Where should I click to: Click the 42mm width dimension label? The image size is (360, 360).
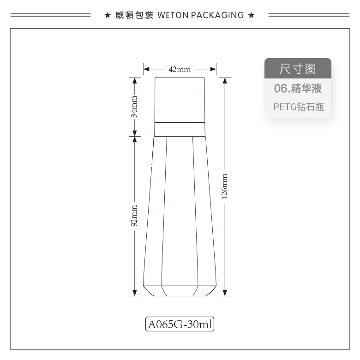click(180, 69)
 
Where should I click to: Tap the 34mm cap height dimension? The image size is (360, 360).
click(134, 107)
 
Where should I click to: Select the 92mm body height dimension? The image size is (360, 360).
click(134, 216)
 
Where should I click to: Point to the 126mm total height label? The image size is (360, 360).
click(224, 186)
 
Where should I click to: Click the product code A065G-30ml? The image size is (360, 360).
click(180, 324)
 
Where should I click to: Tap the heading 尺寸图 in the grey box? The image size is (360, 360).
click(298, 69)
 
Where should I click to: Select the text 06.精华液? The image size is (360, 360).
click(298, 89)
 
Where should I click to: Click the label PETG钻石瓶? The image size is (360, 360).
click(299, 107)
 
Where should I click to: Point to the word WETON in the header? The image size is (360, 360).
click(173, 15)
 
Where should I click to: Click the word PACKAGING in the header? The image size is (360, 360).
click(217, 15)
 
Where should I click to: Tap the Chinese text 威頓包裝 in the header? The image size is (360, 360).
click(134, 15)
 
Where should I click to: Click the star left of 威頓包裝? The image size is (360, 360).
click(108, 15)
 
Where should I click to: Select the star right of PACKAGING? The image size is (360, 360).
click(252, 15)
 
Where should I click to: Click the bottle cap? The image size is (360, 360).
click(180, 100)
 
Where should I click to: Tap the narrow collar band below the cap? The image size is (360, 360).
click(180, 130)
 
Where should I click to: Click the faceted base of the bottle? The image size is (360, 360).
click(180, 291)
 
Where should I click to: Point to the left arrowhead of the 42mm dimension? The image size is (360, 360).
click(146, 69)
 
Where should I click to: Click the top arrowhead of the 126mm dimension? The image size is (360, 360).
click(225, 80)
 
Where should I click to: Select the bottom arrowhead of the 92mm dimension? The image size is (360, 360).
click(135, 293)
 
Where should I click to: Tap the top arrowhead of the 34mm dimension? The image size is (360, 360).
click(135, 80)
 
